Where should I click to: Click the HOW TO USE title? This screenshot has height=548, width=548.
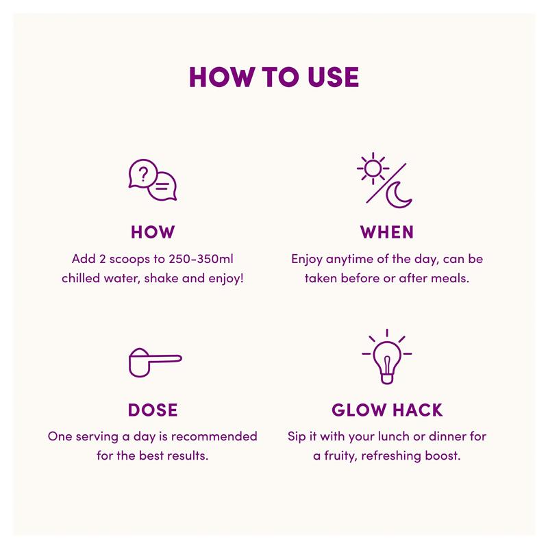tap(274, 77)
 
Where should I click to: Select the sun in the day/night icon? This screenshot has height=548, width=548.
tap(373, 169)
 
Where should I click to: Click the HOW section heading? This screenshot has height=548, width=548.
tap(153, 232)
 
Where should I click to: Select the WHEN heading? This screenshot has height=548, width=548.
tap(387, 232)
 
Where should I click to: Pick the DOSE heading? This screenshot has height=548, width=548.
tap(153, 410)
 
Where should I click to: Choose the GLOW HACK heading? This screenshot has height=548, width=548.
tap(387, 410)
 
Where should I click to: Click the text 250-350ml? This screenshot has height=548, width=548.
tap(201, 259)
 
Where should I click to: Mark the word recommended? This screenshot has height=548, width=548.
tap(214, 436)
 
